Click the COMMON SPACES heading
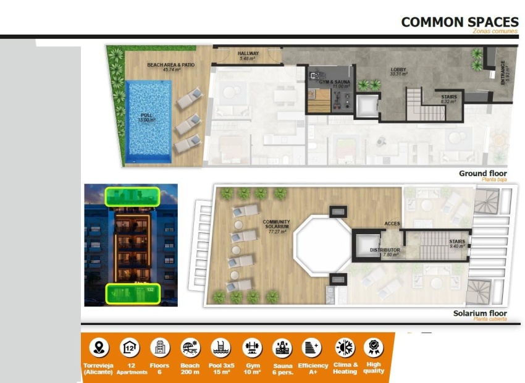point(460,22)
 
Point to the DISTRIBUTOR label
point(385,250)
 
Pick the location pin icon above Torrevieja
point(98,347)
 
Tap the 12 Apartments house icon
point(129,347)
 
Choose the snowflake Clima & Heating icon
point(344,347)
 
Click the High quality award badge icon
point(373,347)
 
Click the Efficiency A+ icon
point(311,347)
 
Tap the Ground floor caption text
point(482,174)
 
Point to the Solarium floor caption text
point(480,313)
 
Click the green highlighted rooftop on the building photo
point(132,196)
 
